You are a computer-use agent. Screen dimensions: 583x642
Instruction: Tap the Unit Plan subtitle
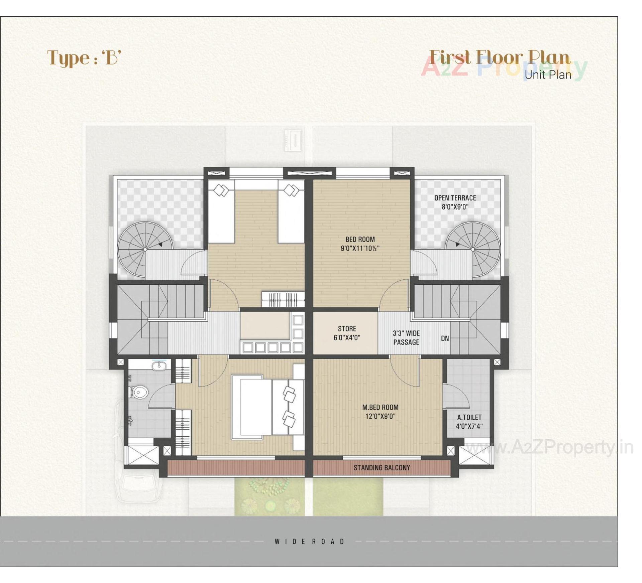click(x=548, y=75)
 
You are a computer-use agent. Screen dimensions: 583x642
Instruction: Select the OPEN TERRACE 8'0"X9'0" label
click(x=455, y=202)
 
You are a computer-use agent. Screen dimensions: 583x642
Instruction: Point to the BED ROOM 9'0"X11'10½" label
click(x=360, y=244)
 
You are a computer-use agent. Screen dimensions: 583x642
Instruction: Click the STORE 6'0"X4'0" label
click(x=347, y=333)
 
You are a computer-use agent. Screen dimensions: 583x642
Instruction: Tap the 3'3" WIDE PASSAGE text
click(x=406, y=337)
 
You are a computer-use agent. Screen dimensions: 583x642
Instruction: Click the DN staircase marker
click(x=445, y=338)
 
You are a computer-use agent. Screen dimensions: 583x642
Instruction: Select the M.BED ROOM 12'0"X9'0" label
click(x=380, y=412)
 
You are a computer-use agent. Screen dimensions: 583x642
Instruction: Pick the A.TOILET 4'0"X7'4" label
click(x=469, y=422)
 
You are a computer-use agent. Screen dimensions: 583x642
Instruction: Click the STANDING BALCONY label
click(x=382, y=468)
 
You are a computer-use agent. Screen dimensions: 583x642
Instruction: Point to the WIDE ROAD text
click(x=309, y=542)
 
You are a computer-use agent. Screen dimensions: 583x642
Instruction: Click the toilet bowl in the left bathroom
click(x=139, y=392)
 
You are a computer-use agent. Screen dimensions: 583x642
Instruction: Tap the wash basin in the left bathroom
click(x=158, y=367)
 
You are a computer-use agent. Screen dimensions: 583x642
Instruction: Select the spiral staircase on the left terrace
click(x=145, y=249)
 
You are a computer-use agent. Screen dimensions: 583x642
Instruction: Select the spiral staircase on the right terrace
click(x=472, y=249)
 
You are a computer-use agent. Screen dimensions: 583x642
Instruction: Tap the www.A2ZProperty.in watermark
click(x=548, y=448)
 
